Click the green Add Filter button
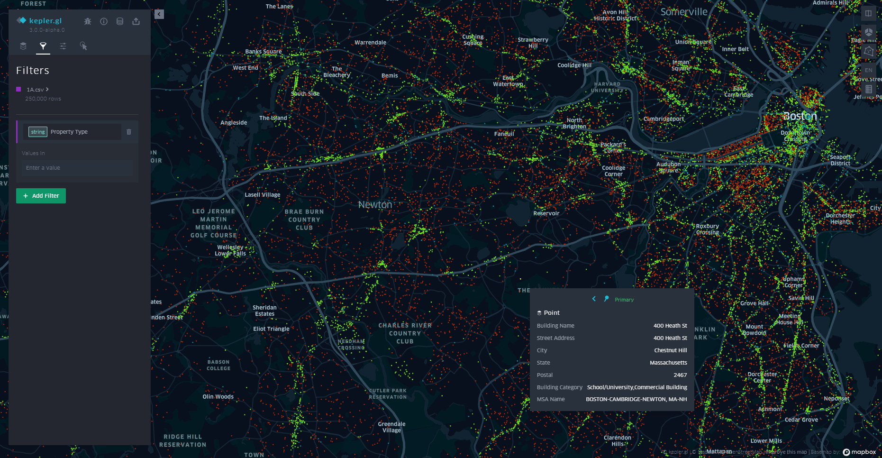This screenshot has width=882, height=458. [x=41, y=196]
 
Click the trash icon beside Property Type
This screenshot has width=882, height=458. [x=129, y=132]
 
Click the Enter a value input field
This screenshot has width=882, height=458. [x=77, y=168]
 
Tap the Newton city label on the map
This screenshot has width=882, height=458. [x=375, y=205]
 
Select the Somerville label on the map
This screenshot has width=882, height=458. [x=683, y=12]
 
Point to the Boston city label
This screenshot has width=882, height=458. [x=800, y=116]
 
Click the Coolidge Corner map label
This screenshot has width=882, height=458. [x=613, y=171]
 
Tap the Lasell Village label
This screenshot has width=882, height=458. [x=262, y=195]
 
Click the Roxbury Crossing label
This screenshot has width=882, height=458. [x=707, y=229]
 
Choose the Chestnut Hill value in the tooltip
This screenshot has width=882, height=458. [x=670, y=350]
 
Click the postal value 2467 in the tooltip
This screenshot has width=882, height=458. [x=680, y=375]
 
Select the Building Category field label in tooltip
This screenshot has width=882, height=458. [x=559, y=387]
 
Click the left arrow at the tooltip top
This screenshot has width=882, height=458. [x=594, y=299]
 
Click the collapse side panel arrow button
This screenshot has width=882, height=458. [x=159, y=14]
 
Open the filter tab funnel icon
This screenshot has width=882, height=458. [x=43, y=46]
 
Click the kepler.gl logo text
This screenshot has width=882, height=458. [x=45, y=21]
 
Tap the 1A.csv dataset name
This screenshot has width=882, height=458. [x=35, y=90]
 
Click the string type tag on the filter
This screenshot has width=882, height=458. [x=38, y=132]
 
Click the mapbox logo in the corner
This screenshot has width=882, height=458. [x=859, y=452]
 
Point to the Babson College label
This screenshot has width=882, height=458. [x=218, y=365]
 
